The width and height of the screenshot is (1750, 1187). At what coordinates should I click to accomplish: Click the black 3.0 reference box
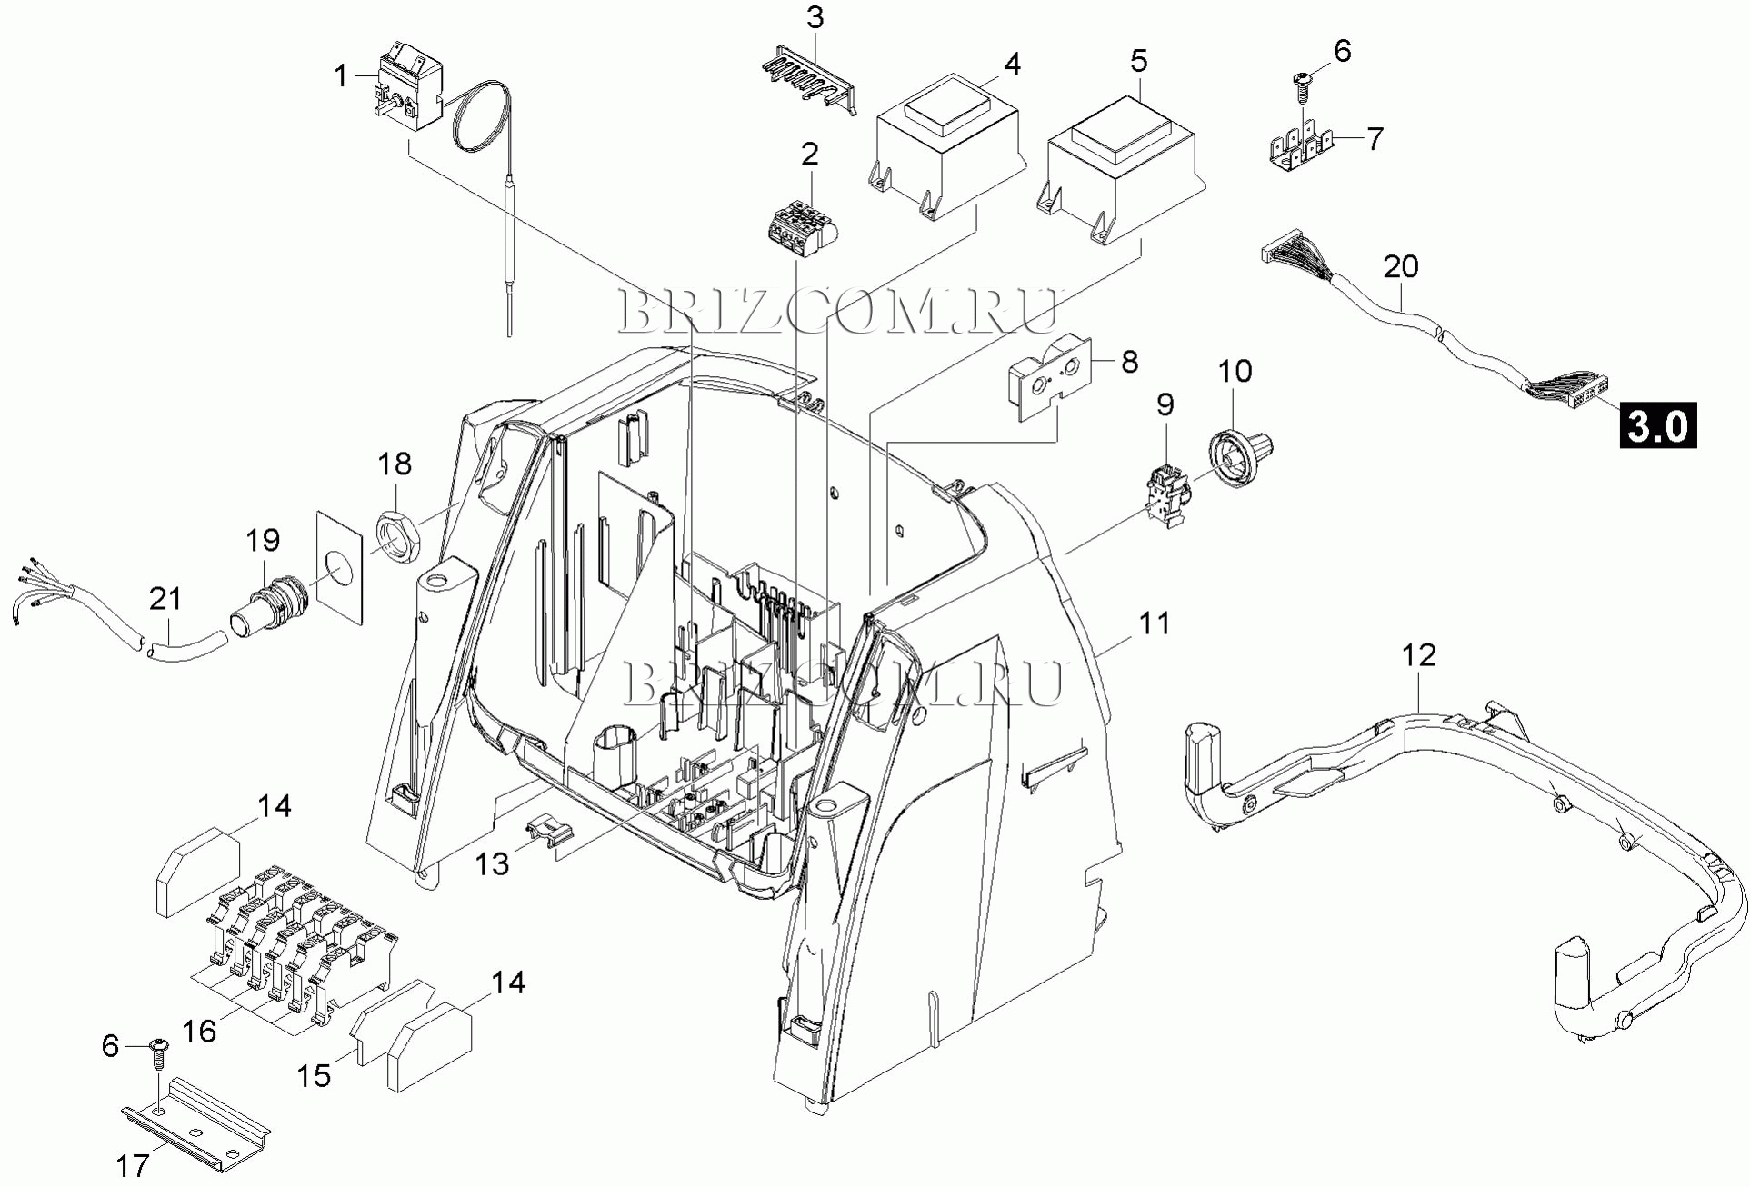point(1657,425)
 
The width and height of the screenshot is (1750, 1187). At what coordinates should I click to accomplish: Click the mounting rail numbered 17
point(196,1124)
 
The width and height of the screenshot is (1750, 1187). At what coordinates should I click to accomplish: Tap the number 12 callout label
point(1418,655)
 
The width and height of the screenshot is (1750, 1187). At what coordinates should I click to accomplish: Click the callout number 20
point(1401,266)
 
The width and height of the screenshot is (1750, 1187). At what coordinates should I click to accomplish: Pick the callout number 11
point(1155,623)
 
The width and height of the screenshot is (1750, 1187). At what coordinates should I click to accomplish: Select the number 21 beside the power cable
point(165,599)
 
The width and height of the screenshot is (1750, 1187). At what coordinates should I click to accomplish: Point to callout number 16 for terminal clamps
point(199,1031)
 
